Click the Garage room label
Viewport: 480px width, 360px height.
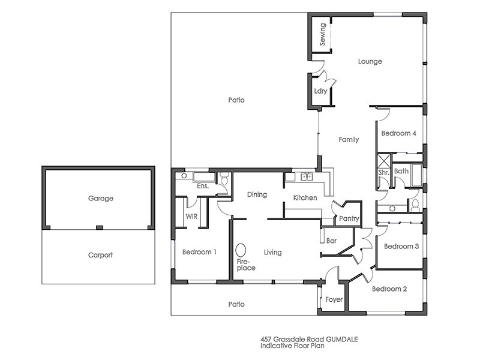pos(100,198)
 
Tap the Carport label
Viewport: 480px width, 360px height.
pos(100,255)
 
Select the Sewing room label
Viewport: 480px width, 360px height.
pos(323,35)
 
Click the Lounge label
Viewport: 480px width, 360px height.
pos(370,61)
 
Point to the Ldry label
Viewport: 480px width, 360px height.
pos(320,91)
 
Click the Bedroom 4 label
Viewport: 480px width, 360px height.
pos(399,133)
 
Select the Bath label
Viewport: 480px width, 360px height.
pos(401,172)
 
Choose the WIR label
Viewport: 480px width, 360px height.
pos(192,216)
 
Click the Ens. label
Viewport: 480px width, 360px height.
pos(203,187)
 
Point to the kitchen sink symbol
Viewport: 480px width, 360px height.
pos(306,176)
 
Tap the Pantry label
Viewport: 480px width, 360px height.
pos(349,219)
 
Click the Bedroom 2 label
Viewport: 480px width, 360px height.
pos(389,289)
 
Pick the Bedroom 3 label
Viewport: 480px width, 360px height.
pos(399,247)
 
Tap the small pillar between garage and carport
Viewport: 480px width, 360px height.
pos(100,227)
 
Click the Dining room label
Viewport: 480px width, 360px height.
pos(257,195)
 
